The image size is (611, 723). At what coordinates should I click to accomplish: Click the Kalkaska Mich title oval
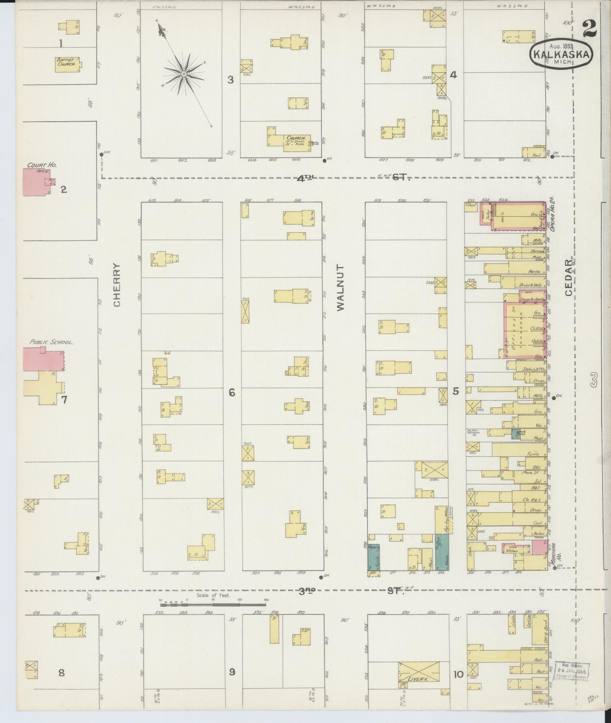click(561, 54)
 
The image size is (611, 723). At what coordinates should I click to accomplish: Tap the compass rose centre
click(184, 74)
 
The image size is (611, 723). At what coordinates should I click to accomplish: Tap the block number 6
click(232, 393)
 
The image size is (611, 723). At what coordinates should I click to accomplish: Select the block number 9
click(232, 671)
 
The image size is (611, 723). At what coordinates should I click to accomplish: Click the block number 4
click(453, 75)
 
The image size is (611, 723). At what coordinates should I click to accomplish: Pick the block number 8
click(62, 672)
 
